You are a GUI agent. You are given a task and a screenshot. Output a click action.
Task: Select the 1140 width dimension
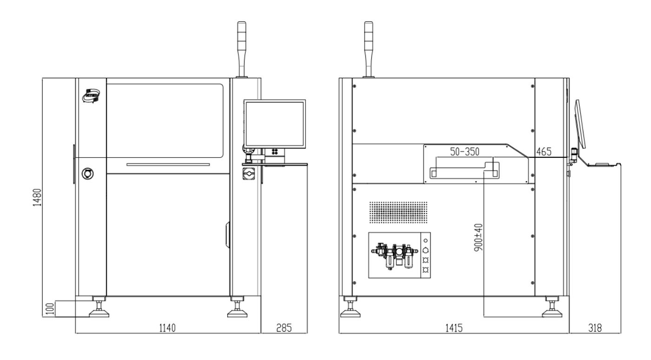(167, 328)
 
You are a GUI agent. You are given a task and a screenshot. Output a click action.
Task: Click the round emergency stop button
(87, 174)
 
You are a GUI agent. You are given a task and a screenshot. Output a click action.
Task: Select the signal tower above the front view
(242, 49)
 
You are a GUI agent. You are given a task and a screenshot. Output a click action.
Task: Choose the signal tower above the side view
(368, 49)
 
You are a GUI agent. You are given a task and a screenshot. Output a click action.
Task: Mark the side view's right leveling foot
(553, 308)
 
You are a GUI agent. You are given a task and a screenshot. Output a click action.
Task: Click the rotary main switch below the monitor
(248, 174)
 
